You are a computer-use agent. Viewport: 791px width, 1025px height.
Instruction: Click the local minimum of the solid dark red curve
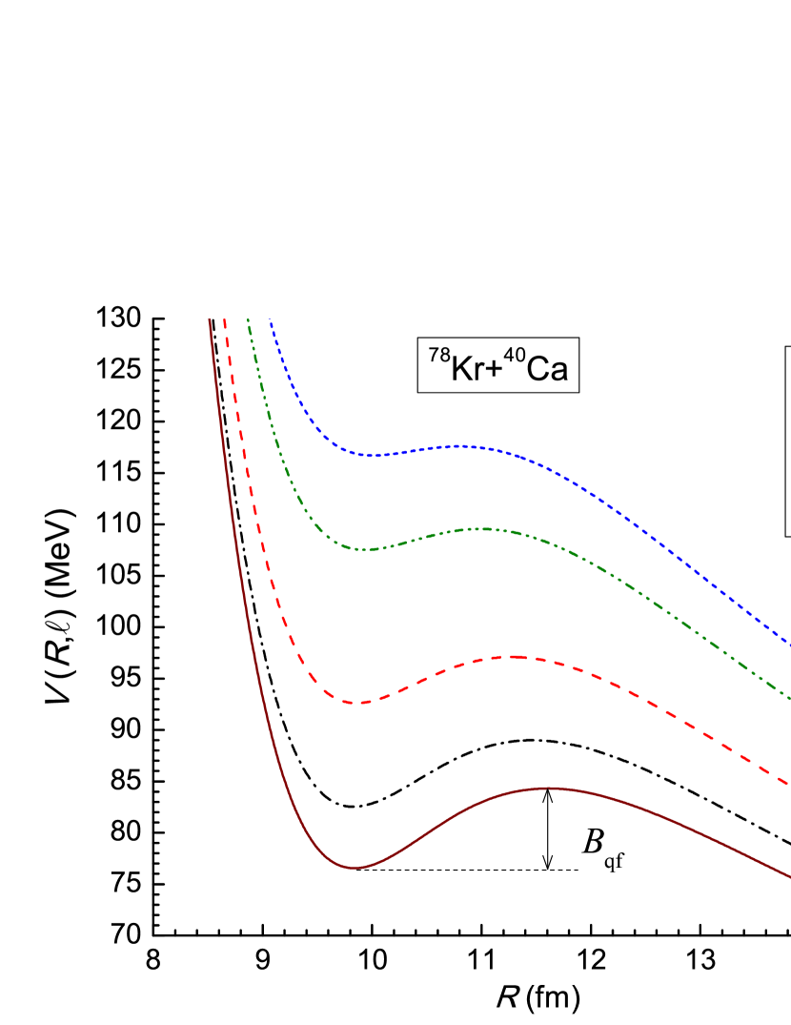pos(355,867)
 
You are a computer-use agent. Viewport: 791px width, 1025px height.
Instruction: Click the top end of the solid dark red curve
pos(210,321)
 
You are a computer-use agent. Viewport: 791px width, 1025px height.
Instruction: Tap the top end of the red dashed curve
pos(225,321)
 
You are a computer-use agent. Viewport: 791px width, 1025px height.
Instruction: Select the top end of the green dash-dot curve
pos(248,321)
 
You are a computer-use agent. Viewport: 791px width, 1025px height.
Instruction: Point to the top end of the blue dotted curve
pos(271,321)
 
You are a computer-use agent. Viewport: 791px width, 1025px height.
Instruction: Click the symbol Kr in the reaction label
pos(467,368)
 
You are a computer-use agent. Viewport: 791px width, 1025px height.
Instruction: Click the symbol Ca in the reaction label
pos(547,368)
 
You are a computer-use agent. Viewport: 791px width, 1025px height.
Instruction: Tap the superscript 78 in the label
pos(438,356)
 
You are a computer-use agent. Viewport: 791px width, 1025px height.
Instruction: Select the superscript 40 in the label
pos(515,356)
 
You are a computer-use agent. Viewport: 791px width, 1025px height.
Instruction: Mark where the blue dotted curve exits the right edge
pos(787,643)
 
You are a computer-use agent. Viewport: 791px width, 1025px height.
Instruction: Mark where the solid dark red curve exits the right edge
pos(787,874)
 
